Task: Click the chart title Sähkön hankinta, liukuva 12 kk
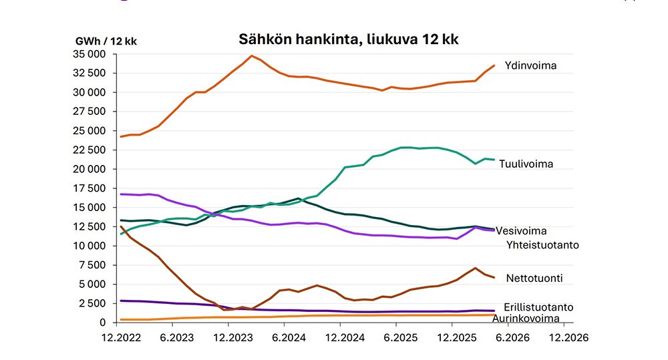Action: (348, 39)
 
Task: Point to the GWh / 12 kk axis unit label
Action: (106, 41)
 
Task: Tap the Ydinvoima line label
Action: (530, 65)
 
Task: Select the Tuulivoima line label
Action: (526, 164)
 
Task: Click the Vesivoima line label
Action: (521, 231)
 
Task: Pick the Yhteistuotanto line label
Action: (542, 245)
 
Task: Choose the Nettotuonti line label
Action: (534, 279)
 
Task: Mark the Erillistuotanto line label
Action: (538, 307)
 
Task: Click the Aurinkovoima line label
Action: (526, 318)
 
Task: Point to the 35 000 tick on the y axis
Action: (90, 54)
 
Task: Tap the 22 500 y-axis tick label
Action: (90, 150)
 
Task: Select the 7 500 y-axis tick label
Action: (92, 265)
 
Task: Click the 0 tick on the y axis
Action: (102, 323)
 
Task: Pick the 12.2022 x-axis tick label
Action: (121, 338)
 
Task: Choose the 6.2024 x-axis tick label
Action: (289, 338)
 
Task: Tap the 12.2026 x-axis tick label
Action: (568, 338)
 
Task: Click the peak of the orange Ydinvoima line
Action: (251, 56)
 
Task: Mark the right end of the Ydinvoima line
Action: (494, 65)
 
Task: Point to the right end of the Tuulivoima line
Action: (494, 160)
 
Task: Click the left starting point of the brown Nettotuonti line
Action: (121, 226)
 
